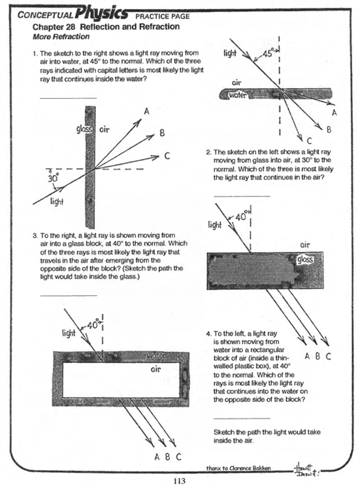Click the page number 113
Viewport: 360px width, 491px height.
[180, 482]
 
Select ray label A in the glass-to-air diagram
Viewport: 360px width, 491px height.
[146, 112]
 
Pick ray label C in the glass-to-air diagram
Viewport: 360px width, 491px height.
[168, 155]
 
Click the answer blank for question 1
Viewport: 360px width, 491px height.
[68, 97]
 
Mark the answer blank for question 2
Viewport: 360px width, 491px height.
[241, 195]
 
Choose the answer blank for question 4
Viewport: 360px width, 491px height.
[241, 417]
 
